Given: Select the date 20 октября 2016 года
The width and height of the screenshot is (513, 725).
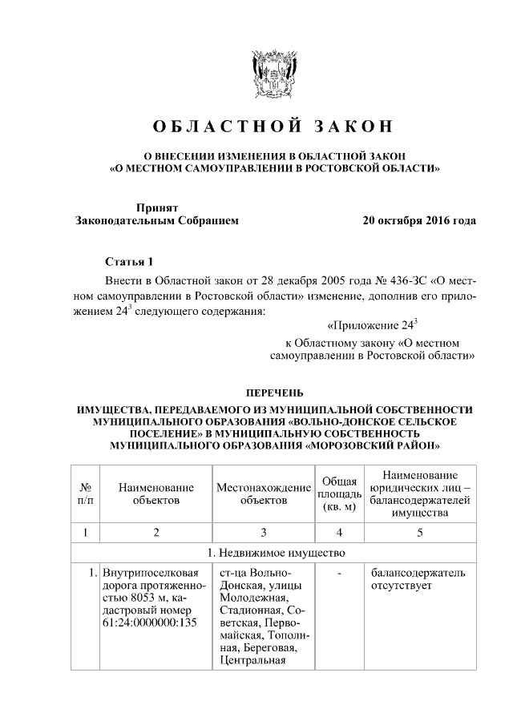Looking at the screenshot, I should [419, 220].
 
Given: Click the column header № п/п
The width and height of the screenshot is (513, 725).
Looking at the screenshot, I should [84, 493].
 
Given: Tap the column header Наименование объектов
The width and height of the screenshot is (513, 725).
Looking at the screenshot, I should [156, 493].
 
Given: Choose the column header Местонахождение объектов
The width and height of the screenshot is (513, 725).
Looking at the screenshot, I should [264, 493].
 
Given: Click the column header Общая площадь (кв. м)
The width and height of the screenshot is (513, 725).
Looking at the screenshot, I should [339, 493].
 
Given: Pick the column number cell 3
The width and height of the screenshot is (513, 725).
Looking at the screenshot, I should [264, 532].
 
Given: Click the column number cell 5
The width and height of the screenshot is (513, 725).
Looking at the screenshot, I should [420, 532].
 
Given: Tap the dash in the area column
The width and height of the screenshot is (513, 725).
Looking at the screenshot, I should [339, 574].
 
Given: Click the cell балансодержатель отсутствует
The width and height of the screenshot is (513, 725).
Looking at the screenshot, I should [417, 580].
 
